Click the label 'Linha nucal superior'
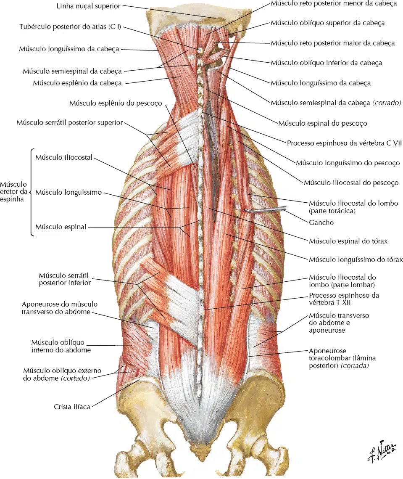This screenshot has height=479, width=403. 89,6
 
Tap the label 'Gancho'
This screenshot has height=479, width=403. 321,222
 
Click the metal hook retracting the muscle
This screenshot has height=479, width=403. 265,209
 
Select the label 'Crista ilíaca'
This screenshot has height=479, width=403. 72,407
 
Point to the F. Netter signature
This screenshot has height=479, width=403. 382,451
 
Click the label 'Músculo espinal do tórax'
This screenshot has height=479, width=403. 348,241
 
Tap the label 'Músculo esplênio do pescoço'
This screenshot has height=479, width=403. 116,103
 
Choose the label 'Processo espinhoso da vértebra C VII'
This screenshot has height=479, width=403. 345,143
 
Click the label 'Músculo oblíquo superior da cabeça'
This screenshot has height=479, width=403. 328,23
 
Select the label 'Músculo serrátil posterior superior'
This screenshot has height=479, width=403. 70,122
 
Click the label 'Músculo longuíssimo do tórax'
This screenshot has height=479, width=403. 356,259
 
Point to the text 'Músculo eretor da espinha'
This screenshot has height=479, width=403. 14,191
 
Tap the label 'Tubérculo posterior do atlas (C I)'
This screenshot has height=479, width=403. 70,27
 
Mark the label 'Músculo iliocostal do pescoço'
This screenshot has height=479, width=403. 351,183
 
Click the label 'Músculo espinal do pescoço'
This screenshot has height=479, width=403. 323,123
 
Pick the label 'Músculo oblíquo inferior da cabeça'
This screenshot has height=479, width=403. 327,63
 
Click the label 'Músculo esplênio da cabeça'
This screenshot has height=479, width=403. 77,83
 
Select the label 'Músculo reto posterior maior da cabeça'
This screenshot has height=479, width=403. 333,43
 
